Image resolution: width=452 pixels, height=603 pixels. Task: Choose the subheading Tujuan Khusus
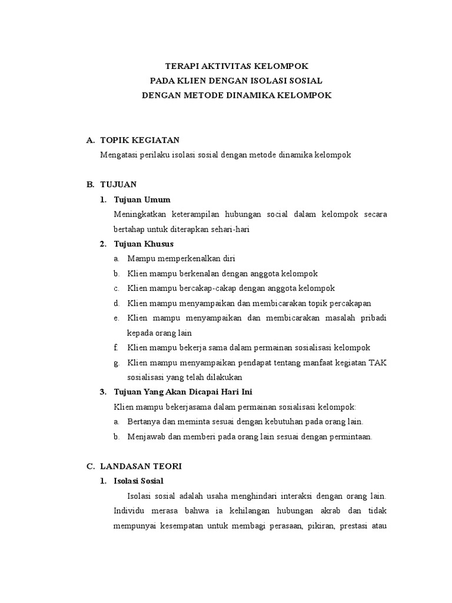pos(144,244)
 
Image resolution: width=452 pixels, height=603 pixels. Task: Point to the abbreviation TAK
pos(378,362)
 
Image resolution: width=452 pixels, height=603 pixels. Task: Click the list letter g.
pos(117,363)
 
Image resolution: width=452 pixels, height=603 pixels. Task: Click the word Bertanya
pos(143,422)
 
